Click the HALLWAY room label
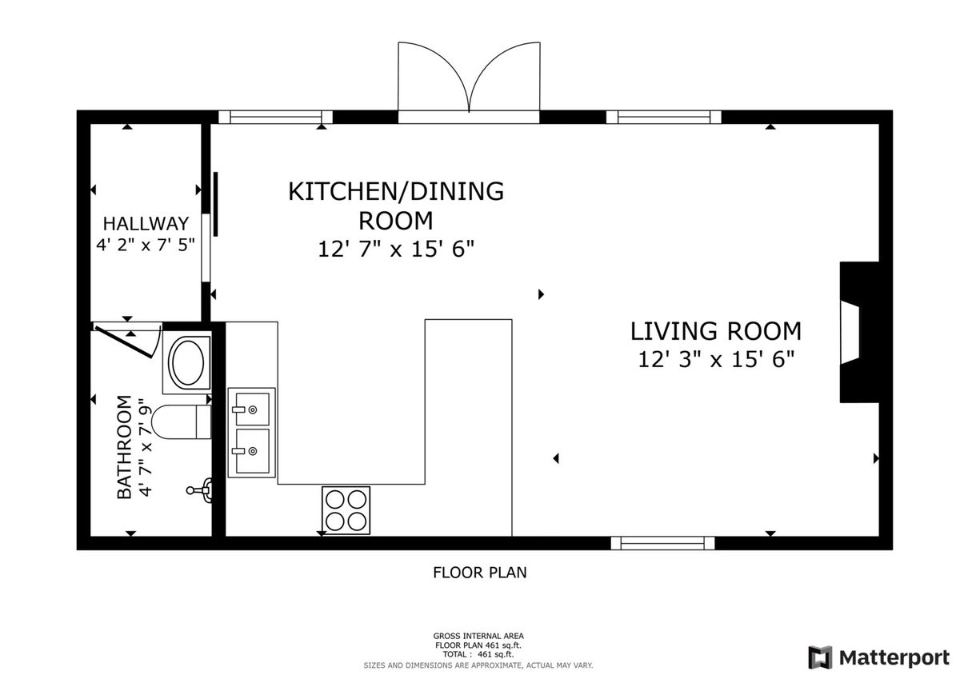(146, 224)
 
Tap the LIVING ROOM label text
(716, 331)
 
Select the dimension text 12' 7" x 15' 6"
(396, 249)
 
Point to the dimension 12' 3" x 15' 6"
(716, 359)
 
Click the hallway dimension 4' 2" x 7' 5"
(146, 245)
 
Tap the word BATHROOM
(124, 447)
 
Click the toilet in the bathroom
(182, 422)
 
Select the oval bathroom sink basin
(187, 362)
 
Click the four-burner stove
(346, 510)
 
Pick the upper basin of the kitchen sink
(252, 409)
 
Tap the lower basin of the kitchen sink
(252, 451)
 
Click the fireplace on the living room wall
(859, 333)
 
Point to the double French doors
(469, 77)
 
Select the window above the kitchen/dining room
(275, 117)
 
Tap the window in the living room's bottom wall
(662, 543)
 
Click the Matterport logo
(879, 657)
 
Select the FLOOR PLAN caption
(479, 573)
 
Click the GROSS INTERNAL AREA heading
(478, 636)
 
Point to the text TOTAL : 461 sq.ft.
(478, 654)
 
